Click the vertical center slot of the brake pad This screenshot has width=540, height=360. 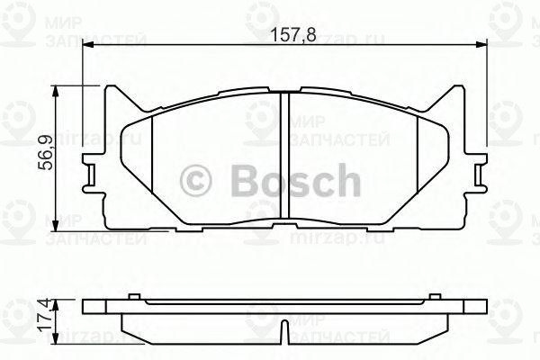pyautogui.click(x=285, y=157)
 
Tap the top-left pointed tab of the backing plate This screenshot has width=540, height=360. pyautogui.click(x=114, y=93)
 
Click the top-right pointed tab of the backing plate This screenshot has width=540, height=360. pyautogui.click(x=456, y=93)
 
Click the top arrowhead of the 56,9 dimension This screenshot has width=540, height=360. pyautogui.click(x=60, y=90)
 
